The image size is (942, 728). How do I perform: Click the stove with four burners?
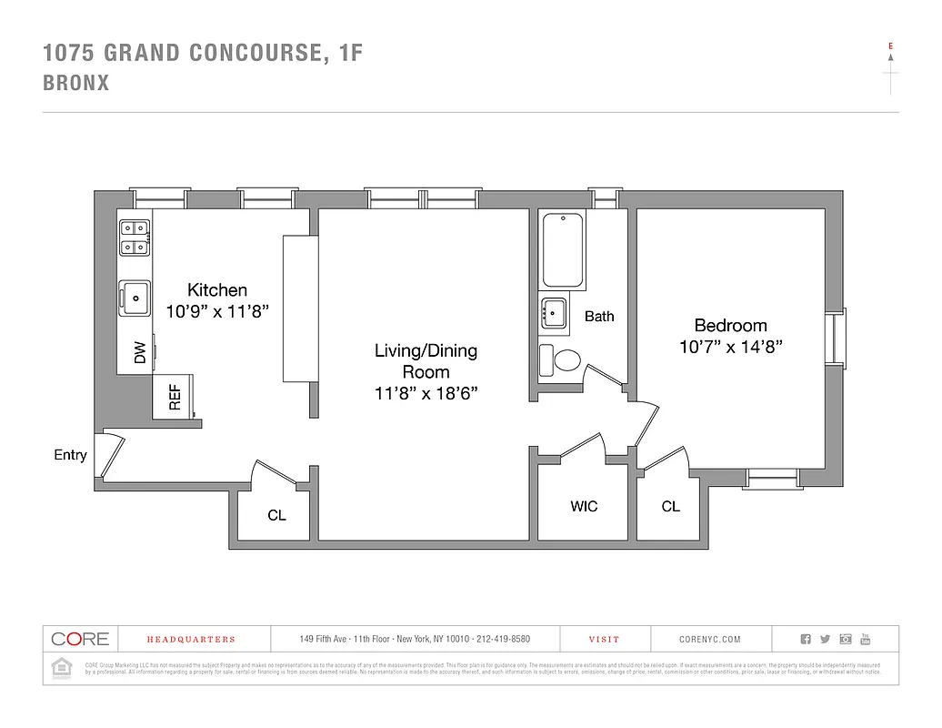point(135,238)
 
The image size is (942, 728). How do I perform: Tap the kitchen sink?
point(135,297)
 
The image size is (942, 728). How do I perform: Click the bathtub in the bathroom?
point(561,248)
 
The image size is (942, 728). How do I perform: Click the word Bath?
point(598,317)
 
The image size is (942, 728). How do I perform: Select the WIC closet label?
point(584,506)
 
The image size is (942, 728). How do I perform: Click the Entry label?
point(70,455)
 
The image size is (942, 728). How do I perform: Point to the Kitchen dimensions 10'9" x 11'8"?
point(217,311)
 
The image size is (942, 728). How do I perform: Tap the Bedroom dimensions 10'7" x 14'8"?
point(730,347)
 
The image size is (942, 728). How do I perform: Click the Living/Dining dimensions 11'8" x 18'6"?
point(426,393)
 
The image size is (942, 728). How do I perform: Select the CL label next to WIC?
point(670,506)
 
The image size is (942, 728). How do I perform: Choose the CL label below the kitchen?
point(276,515)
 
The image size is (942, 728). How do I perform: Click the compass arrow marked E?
point(890,56)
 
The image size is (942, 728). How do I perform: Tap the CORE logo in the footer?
point(80,639)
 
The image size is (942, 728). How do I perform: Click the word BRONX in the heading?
point(76,83)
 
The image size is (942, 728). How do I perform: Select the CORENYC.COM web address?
point(710,640)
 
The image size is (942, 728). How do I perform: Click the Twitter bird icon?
point(825,639)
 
